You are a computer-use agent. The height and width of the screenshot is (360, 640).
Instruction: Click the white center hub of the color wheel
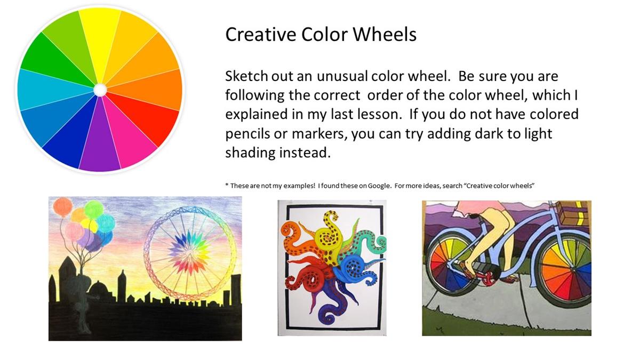pyautogui.click(x=100, y=90)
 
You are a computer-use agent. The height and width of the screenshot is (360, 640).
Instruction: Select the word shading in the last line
pyautogui.click(x=249, y=153)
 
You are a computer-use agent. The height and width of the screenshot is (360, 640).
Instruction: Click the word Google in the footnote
pyautogui.click(x=379, y=186)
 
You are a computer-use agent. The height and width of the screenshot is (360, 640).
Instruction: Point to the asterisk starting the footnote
pyautogui.click(x=227, y=185)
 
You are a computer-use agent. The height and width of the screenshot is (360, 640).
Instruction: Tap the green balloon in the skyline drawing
pyautogui.click(x=94, y=210)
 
